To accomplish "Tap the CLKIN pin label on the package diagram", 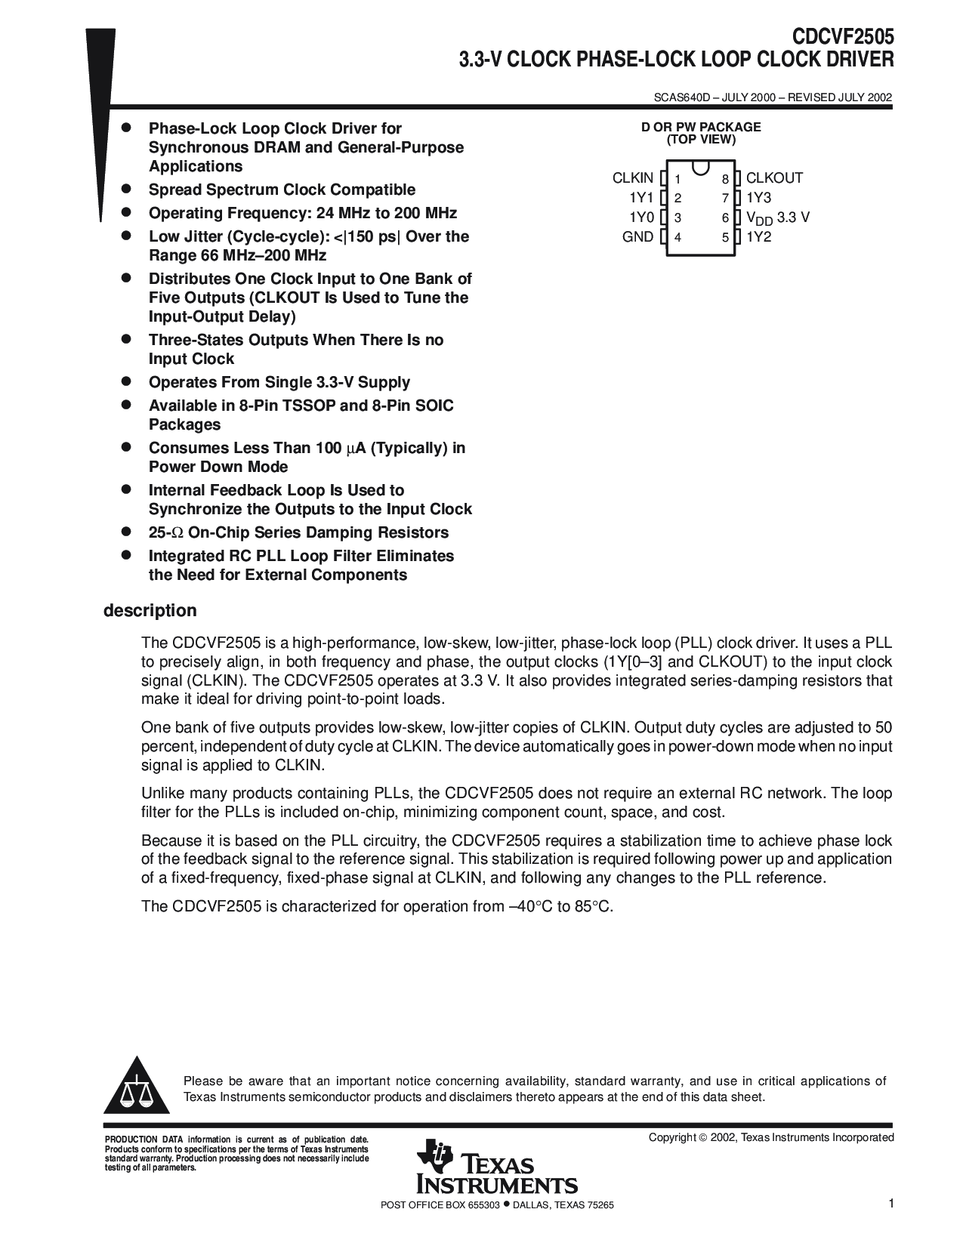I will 632,178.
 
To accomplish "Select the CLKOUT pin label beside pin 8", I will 774,178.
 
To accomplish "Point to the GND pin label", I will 637,237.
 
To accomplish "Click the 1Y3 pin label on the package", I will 758,198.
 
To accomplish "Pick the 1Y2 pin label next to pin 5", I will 758,237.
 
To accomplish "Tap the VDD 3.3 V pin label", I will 777,217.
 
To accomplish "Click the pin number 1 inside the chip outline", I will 678,179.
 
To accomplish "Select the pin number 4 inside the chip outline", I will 678,238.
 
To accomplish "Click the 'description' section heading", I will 150,610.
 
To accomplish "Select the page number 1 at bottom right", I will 891,1204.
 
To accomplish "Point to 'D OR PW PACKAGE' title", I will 701,127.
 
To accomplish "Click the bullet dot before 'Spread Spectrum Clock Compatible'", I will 128,189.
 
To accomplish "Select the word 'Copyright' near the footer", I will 672,1137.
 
